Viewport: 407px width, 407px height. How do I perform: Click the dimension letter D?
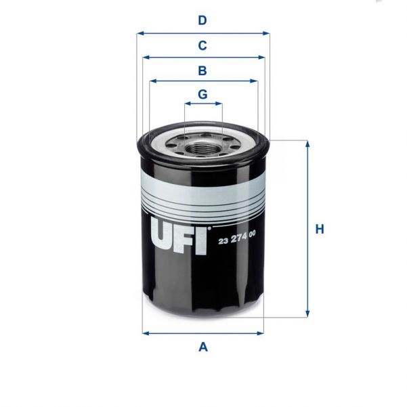(202, 20)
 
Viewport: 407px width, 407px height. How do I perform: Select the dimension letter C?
(202, 45)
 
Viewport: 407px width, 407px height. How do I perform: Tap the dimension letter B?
(202, 70)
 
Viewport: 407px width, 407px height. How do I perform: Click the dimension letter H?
(320, 229)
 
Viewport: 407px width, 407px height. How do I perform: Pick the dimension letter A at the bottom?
(202, 347)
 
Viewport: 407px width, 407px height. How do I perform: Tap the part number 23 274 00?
(236, 234)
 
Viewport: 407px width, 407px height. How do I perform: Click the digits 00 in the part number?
(252, 234)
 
